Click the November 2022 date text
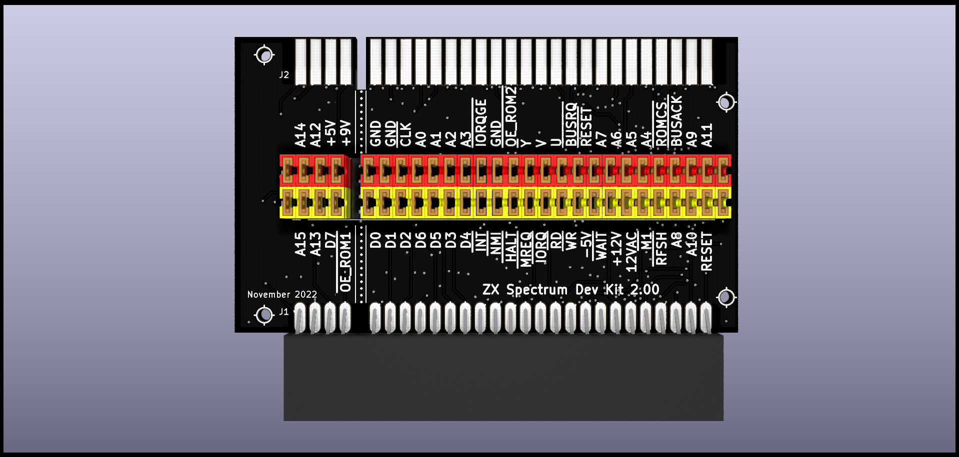[x=282, y=295]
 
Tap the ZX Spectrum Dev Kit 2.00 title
[x=570, y=290]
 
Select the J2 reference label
[x=284, y=75]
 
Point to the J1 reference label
[x=284, y=312]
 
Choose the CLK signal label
[x=405, y=134]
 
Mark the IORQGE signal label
[x=480, y=122]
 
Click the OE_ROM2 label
[x=510, y=116]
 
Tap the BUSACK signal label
[x=676, y=121]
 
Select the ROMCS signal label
[x=661, y=124]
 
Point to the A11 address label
[x=706, y=135]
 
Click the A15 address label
[x=300, y=244]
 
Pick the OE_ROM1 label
[x=345, y=261]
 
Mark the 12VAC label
[x=631, y=252]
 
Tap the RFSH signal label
[x=661, y=248]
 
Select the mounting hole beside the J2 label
[x=264, y=55]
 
